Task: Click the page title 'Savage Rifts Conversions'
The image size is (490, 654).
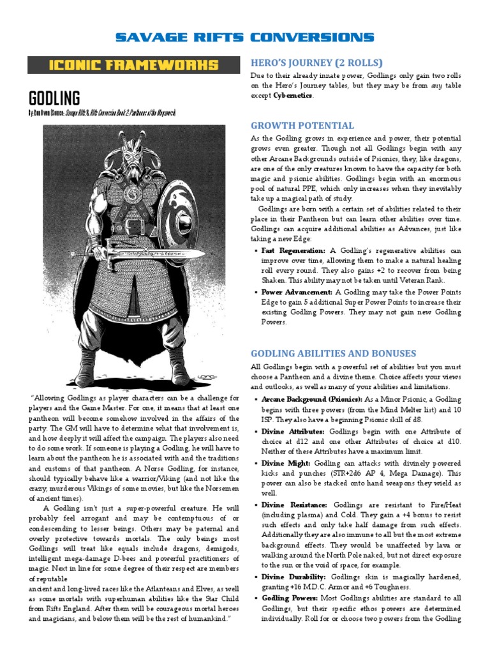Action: click(245, 38)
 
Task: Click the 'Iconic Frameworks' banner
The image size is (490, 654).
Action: click(134, 65)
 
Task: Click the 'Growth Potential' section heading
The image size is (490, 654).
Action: click(302, 125)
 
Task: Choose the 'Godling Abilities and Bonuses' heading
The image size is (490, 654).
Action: click(333, 353)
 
